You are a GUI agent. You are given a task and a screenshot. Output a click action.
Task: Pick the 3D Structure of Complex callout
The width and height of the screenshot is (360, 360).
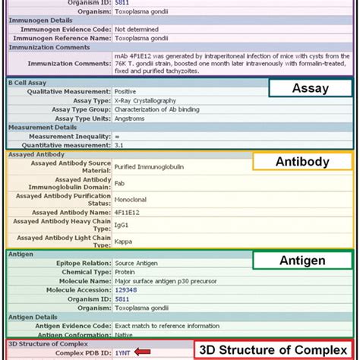pos(276,350)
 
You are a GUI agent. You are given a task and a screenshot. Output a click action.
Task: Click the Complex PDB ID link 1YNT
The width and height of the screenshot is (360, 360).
pos(123,352)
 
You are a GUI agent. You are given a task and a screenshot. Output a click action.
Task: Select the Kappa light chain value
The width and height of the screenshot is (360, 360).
pos(123,242)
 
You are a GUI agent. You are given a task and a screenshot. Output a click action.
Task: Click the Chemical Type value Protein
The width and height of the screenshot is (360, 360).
pos(125,270)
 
